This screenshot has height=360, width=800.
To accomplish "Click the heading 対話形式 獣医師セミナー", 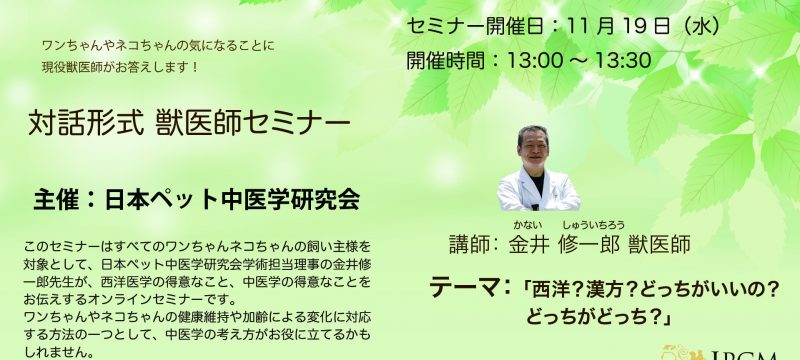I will click(x=189, y=124).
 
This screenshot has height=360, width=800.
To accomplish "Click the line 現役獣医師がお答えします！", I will click(x=120, y=68).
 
